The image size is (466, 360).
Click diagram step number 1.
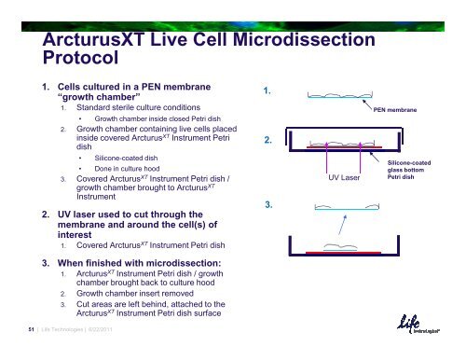coord(268,91)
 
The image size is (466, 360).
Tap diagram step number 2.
coord(268,141)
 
